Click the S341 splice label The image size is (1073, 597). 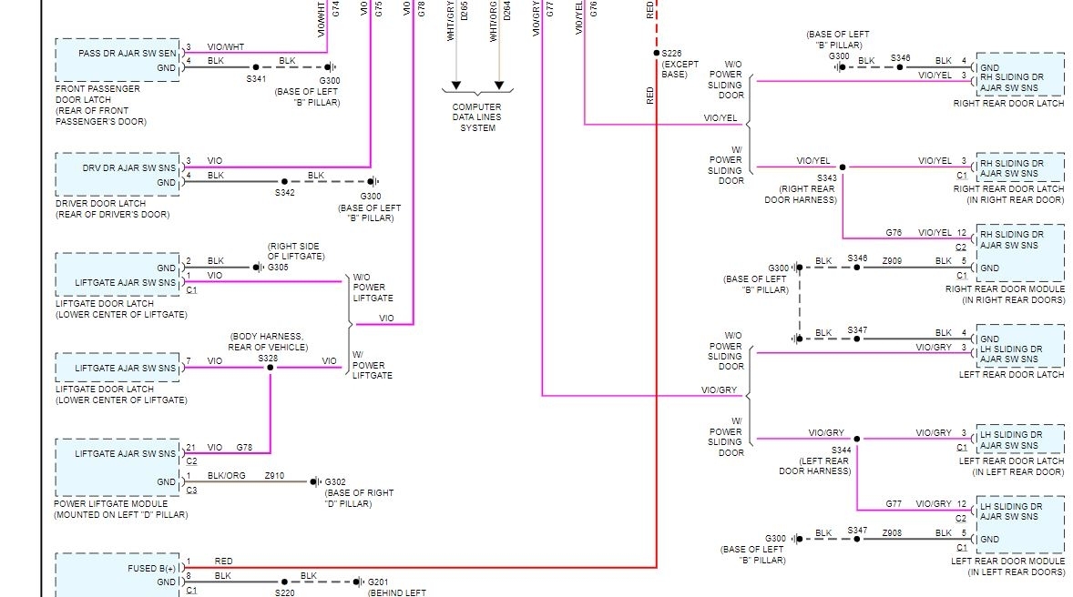(x=256, y=79)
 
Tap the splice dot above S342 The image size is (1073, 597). (x=284, y=181)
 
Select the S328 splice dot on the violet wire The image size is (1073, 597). (x=270, y=368)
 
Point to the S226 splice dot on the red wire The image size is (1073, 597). (x=656, y=53)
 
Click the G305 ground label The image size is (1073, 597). (x=278, y=268)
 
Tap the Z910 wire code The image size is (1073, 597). (x=274, y=475)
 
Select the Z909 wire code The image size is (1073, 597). (x=892, y=261)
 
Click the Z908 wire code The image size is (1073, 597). (x=892, y=533)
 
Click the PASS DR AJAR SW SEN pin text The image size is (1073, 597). (x=127, y=54)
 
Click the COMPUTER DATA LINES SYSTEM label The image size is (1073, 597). (x=477, y=117)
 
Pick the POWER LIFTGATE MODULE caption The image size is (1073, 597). (x=110, y=503)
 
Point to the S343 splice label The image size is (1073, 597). (x=827, y=178)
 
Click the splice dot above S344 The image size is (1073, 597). (x=857, y=439)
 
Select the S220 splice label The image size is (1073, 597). (x=285, y=592)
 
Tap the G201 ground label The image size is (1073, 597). (x=378, y=582)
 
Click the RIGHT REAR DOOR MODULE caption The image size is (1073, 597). (x=1005, y=288)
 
